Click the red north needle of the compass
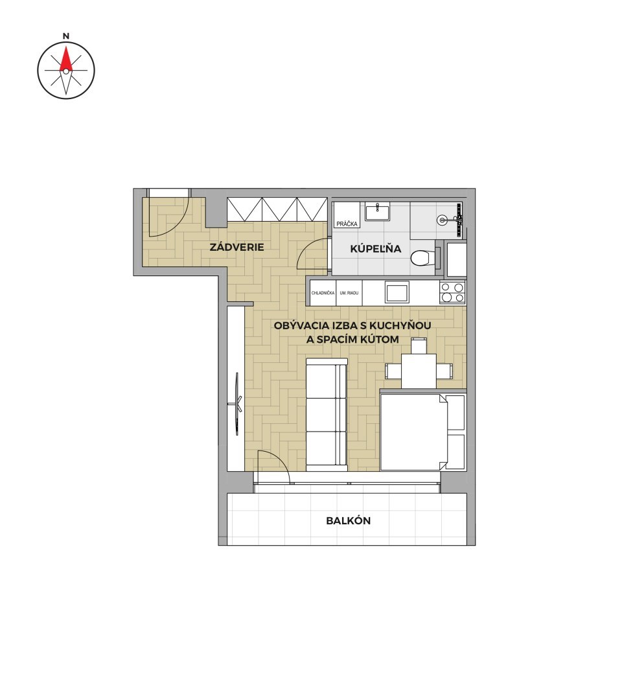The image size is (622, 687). pyautogui.click(x=65, y=60)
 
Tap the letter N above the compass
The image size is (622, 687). pyautogui.click(x=65, y=36)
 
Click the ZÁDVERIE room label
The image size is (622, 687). pyautogui.click(x=237, y=247)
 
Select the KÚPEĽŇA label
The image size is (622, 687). pyautogui.click(x=375, y=248)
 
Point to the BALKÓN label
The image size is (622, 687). pyautogui.click(x=348, y=520)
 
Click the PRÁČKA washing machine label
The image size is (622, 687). pyautogui.click(x=347, y=224)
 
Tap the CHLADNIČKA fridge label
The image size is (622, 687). pyautogui.click(x=323, y=293)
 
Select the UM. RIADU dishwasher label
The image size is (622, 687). pyautogui.click(x=349, y=293)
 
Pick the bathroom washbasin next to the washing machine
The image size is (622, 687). pyautogui.click(x=376, y=212)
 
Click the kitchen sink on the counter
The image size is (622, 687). pyautogui.click(x=397, y=292)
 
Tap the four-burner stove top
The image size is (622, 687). pyautogui.click(x=452, y=292)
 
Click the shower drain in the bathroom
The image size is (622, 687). pyautogui.click(x=443, y=220)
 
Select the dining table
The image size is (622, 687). pyautogui.click(x=419, y=371)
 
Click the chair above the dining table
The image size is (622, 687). pyautogui.click(x=419, y=345)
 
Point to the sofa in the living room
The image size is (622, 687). pyautogui.click(x=327, y=415)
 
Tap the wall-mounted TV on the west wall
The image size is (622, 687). pyautogui.click(x=237, y=403)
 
